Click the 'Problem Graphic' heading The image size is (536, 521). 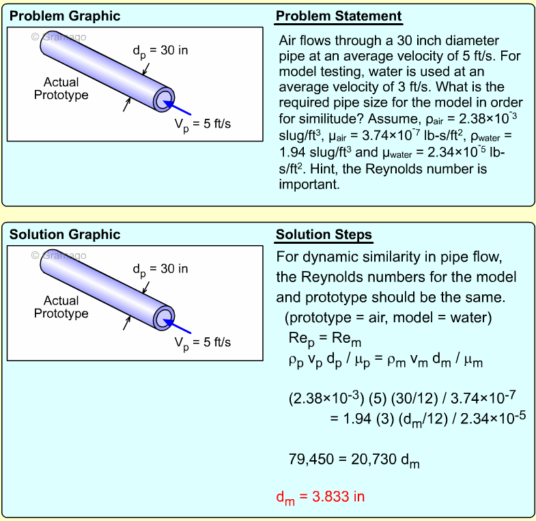point(64,16)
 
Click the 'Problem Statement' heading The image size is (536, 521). point(339,16)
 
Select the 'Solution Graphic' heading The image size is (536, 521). point(64,235)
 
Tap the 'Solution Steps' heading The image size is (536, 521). point(324,235)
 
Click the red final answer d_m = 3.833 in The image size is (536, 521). point(320,497)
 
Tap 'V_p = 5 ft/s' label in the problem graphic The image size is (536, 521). point(203,124)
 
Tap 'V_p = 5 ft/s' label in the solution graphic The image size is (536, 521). point(203,343)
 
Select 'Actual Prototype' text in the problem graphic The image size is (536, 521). point(61,89)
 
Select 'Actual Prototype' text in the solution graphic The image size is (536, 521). point(61,307)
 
